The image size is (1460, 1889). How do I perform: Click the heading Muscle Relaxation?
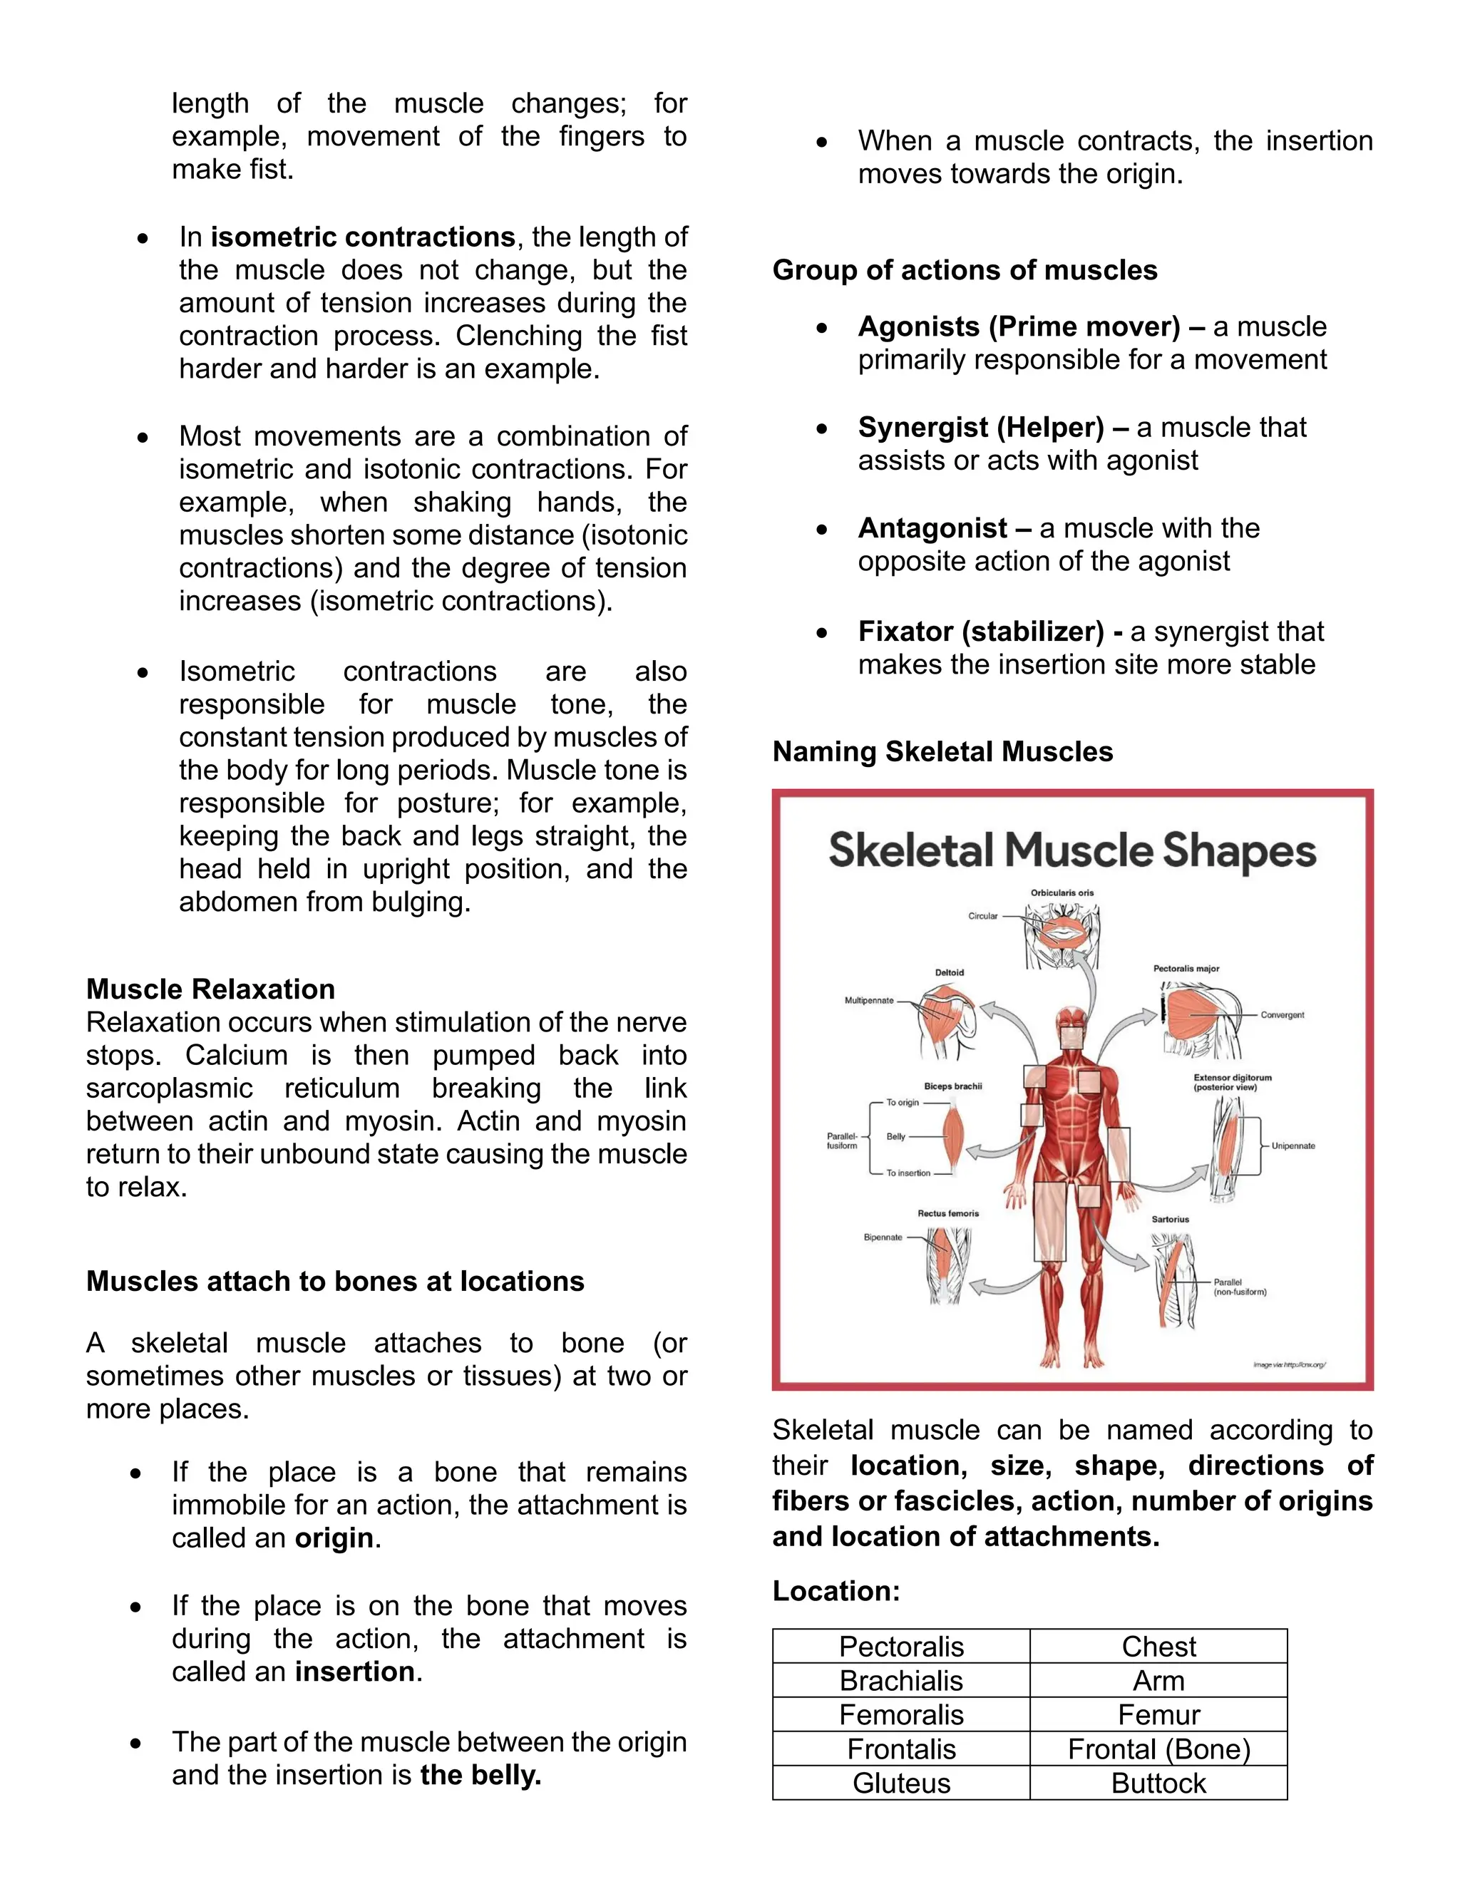[210, 989]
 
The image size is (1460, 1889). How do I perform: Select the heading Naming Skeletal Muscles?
[942, 751]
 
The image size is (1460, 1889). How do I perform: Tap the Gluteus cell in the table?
[900, 1783]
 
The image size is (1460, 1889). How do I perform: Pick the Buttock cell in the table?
[1158, 1783]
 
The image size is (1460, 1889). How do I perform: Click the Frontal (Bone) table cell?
[1158, 1749]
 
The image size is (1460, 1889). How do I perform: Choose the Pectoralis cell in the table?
[900, 1646]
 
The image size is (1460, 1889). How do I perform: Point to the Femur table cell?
[1158, 1714]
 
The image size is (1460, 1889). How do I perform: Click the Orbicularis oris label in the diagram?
[1061, 892]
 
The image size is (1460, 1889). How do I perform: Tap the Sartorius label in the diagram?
[1169, 1220]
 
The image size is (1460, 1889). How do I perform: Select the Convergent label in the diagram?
[1282, 1014]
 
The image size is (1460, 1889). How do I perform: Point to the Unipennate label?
[1292, 1146]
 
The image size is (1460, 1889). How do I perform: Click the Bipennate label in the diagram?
[883, 1237]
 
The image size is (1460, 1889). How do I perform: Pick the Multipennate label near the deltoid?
[868, 1001]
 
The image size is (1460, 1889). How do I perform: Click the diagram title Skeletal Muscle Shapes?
[1071, 850]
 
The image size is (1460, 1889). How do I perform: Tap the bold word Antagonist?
[932, 527]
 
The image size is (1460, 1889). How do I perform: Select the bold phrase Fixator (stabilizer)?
[981, 632]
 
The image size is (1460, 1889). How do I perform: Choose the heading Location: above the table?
[836, 1590]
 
